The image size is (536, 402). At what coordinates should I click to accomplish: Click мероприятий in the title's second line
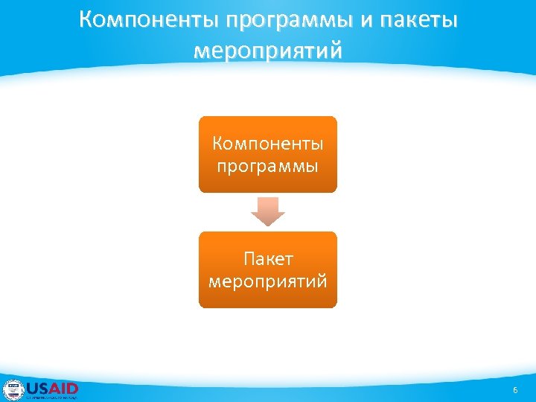268,51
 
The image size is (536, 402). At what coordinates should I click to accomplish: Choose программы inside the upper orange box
267,165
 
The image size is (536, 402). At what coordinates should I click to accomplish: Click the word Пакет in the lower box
267,259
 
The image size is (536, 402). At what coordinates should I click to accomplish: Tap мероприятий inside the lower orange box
267,282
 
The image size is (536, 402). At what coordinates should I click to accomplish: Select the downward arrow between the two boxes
267,211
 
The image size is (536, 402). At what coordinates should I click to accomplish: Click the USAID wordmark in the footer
52,388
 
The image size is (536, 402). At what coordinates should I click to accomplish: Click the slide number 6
514,391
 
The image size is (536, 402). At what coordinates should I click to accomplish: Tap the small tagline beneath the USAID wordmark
52,398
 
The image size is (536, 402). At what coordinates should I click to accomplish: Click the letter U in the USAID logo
33,388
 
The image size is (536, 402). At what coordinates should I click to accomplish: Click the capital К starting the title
86,20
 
